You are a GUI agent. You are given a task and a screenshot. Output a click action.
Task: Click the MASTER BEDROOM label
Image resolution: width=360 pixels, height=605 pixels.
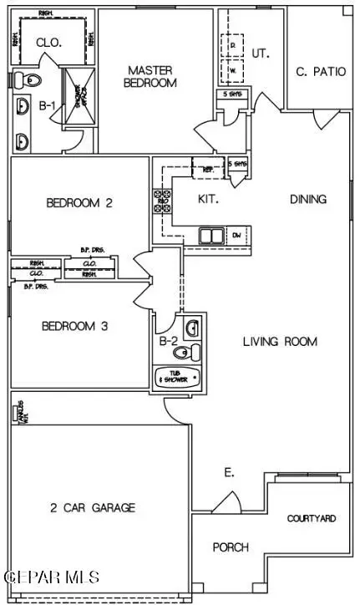tap(152, 76)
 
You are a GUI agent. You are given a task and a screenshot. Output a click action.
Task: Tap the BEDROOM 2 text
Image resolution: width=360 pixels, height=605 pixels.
tap(79, 202)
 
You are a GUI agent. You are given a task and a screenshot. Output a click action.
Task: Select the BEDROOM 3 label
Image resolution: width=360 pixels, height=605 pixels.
tap(74, 327)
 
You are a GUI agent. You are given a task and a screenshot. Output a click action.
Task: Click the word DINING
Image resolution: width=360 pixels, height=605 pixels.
tap(307, 199)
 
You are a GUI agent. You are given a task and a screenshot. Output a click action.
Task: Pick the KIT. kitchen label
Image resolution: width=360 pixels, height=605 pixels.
tap(208, 199)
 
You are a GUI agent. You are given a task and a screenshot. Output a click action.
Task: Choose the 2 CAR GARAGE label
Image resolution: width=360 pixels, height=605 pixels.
tap(91, 507)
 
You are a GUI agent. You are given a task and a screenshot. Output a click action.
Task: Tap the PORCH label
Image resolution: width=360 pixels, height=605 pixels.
tap(231, 547)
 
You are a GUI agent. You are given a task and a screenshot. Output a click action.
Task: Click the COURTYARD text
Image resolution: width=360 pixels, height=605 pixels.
tap(312, 518)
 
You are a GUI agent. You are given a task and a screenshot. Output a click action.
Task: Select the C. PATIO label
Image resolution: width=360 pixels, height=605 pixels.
tap(321, 71)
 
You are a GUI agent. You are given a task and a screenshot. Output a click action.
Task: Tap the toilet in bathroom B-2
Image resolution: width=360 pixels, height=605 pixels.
tap(193, 351)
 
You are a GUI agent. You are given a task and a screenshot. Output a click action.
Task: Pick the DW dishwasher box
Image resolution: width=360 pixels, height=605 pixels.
tap(236, 236)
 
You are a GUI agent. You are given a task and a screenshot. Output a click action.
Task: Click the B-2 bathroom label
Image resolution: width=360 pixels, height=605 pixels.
tap(166, 340)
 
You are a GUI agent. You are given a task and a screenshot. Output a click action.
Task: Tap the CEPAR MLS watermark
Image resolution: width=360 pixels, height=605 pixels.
tap(52, 577)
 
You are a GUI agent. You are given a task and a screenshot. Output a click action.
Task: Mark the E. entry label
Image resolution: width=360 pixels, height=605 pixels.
tap(229, 473)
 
